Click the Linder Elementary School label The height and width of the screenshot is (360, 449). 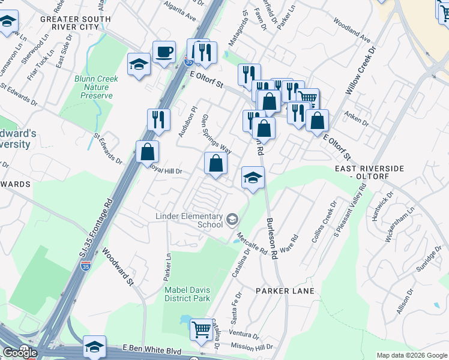(x=189, y=220)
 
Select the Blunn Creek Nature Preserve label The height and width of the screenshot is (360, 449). (x=97, y=87)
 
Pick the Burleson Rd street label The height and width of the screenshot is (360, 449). (x=271, y=238)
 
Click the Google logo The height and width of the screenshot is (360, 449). (x=20, y=353)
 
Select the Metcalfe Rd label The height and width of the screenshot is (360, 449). (x=251, y=243)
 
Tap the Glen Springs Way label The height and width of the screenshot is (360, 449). (x=217, y=133)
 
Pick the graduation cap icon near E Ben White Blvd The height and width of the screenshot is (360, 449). (x=95, y=346)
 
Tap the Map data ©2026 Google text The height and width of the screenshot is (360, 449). (x=411, y=355)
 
